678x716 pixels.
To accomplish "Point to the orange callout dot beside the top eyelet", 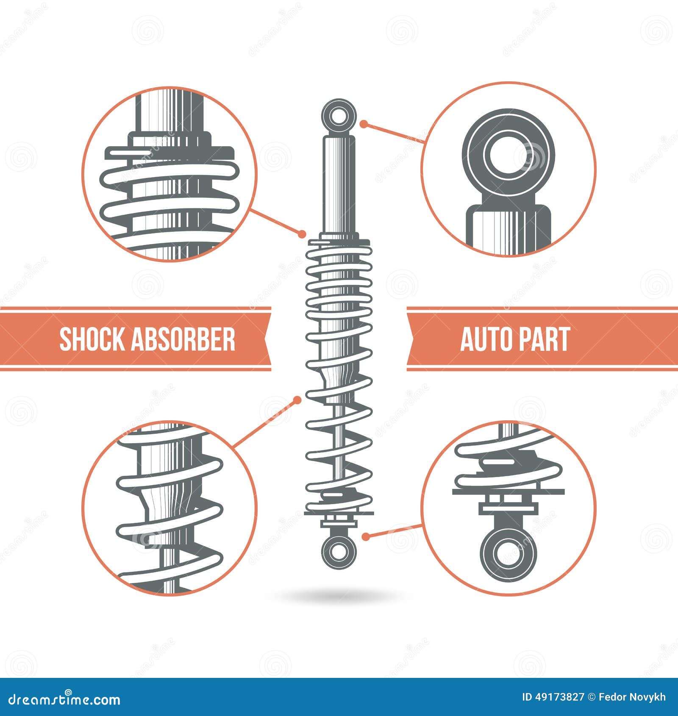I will click(363, 124).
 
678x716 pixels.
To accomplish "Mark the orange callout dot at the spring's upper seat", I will click(302, 233).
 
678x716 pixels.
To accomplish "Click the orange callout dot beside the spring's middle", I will click(297, 400).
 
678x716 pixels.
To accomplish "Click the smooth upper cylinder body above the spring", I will click(338, 182).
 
